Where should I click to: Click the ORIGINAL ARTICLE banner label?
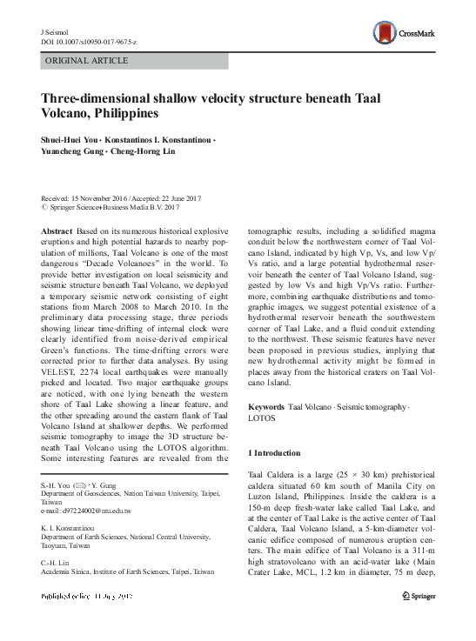pyautogui.click(x=86, y=60)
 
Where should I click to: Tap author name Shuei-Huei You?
pyautogui.click(x=70, y=140)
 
